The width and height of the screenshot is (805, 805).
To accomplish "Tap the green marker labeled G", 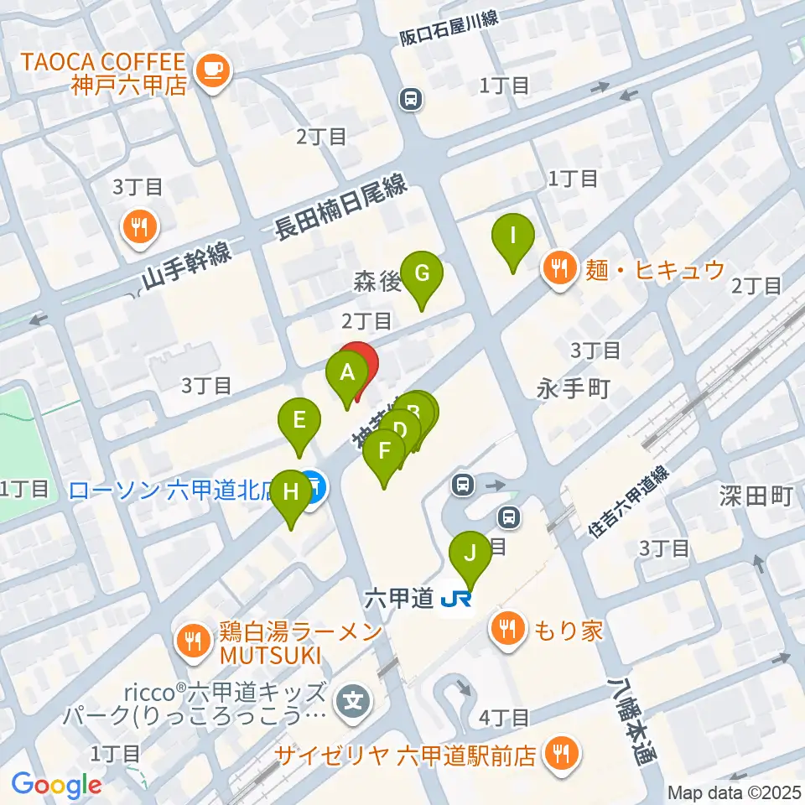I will coord(421,275).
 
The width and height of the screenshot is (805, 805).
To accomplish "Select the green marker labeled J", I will coord(470,554).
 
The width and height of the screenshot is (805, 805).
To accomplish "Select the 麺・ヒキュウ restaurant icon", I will coord(557,270).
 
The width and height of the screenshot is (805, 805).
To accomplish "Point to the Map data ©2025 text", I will coord(735,792).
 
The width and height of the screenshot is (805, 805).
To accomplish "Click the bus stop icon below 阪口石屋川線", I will coord(411,100).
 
